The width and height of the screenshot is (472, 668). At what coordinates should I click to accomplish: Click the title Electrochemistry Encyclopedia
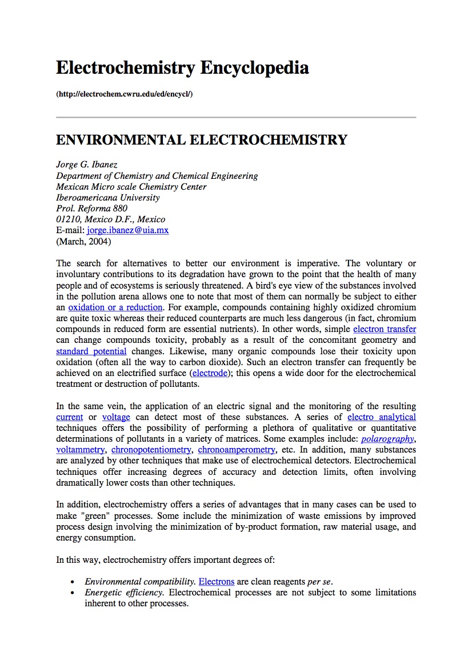coord(182,68)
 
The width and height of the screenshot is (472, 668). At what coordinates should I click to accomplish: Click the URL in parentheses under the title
coord(124,94)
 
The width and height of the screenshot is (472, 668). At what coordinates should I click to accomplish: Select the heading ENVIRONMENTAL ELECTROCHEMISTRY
coord(201,140)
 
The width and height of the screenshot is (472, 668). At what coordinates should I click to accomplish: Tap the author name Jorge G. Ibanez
coord(87,165)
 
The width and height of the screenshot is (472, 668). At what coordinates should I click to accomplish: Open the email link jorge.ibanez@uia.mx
coord(127,230)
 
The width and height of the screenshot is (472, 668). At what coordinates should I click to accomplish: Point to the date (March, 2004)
coord(83,241)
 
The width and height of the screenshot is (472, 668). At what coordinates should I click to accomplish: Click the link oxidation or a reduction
coord(115,307)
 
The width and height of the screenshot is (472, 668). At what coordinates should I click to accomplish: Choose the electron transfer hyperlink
coord(385,329)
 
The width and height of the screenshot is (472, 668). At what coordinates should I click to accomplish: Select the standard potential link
coord(91,351)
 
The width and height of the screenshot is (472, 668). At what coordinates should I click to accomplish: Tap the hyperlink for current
coord(70,417)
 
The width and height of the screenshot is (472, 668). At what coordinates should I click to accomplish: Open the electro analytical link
coord(382,417)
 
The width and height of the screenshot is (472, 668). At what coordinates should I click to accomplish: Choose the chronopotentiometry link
coord(151,450)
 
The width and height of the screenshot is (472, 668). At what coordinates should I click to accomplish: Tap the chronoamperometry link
coord(237,450)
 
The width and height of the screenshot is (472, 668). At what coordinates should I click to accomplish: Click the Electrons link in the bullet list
coord(217,582)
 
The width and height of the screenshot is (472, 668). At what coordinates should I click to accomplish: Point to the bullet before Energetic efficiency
coord(72,593)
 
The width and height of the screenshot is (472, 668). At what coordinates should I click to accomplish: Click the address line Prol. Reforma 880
coord(92,209)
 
